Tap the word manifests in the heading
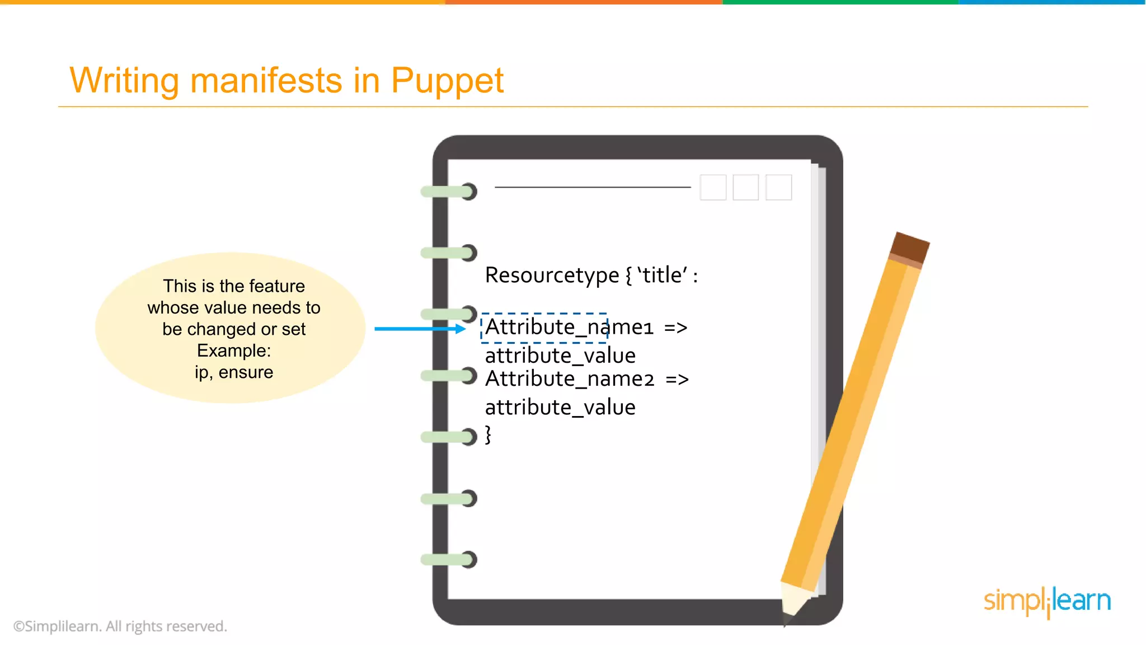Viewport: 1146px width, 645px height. pos(266,80)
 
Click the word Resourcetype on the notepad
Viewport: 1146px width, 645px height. pos(552,275)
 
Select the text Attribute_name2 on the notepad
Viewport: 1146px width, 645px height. pos(569,379)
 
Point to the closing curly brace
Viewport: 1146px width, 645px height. pos(488,434)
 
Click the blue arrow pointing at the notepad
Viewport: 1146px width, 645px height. pos(420,329)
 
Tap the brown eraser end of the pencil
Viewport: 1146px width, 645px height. pos(910,247)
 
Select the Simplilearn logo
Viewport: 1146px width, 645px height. pos(1047,601)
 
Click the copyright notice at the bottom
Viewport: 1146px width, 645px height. pos(120,626)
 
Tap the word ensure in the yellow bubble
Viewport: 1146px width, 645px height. pos(246,372)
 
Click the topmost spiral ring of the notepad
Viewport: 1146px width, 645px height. pos(449,191)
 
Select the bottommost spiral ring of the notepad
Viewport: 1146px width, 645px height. pos(449,559)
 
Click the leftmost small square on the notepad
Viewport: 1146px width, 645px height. pos(713,187)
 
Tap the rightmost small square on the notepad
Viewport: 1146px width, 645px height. pos(778,187)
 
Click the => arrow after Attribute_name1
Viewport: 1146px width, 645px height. pos(675,328)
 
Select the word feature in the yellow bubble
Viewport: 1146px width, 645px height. pos(276,286)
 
